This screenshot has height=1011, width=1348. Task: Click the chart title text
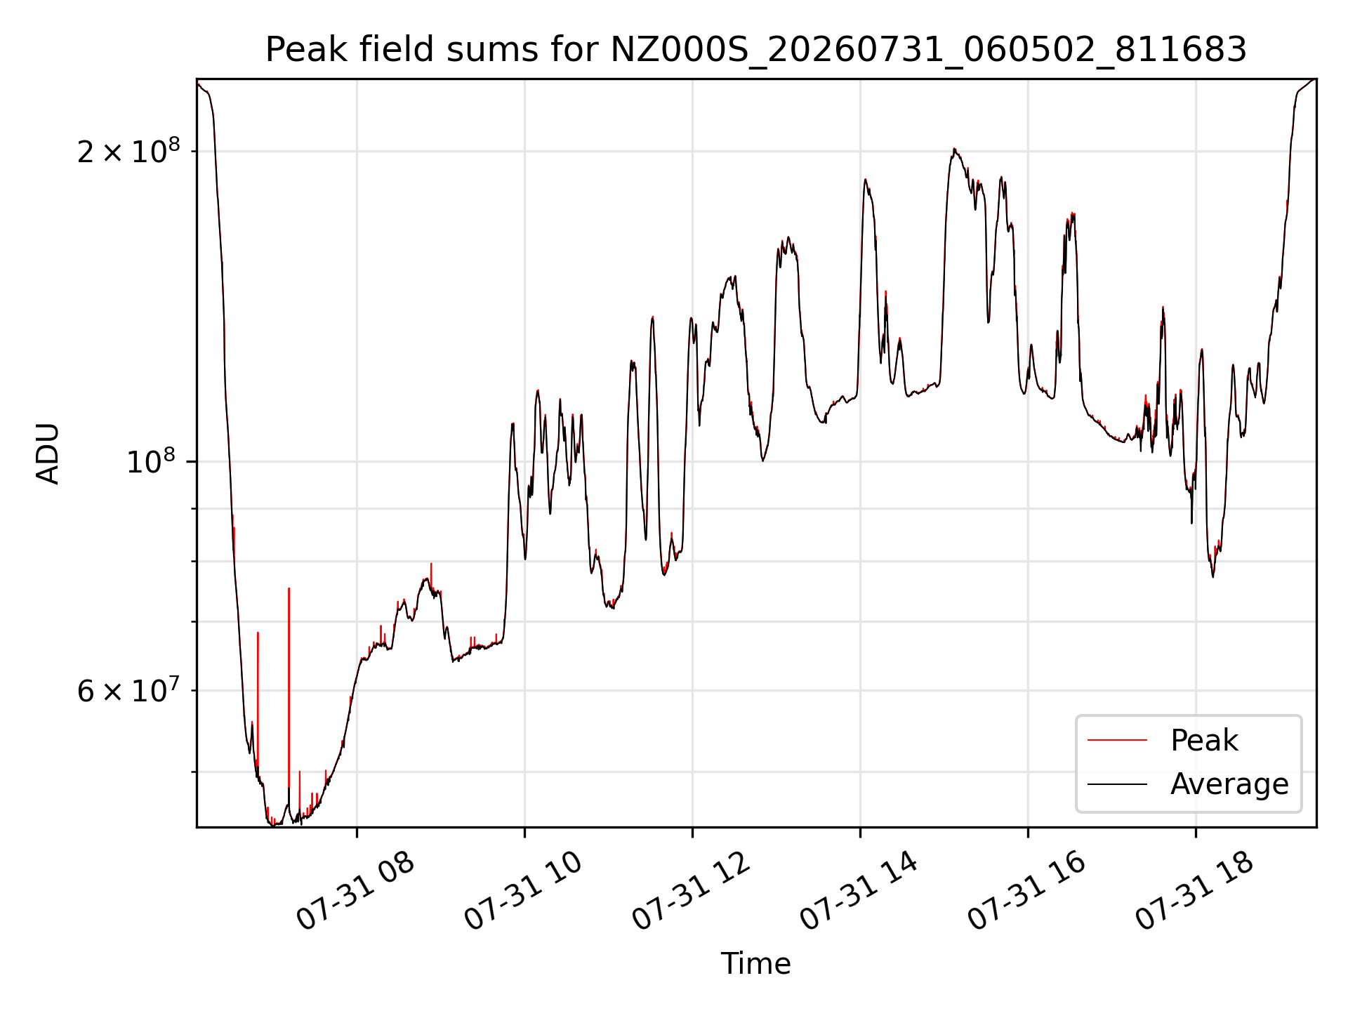click(756, 50)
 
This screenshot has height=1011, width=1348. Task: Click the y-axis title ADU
click(48, 454)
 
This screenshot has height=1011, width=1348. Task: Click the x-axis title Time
click(756, 964)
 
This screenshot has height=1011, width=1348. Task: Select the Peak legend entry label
click(1204, 741)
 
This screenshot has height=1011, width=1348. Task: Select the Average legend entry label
click(1229, 784)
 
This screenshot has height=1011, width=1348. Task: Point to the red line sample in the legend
click(1118, 741)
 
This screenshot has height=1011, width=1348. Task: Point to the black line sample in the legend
click(1118, 784)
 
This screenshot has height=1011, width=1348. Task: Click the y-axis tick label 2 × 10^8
click(128, 151)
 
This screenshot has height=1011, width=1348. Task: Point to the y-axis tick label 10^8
click(153, 461)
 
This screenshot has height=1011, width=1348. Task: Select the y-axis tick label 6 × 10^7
click(128, 691)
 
